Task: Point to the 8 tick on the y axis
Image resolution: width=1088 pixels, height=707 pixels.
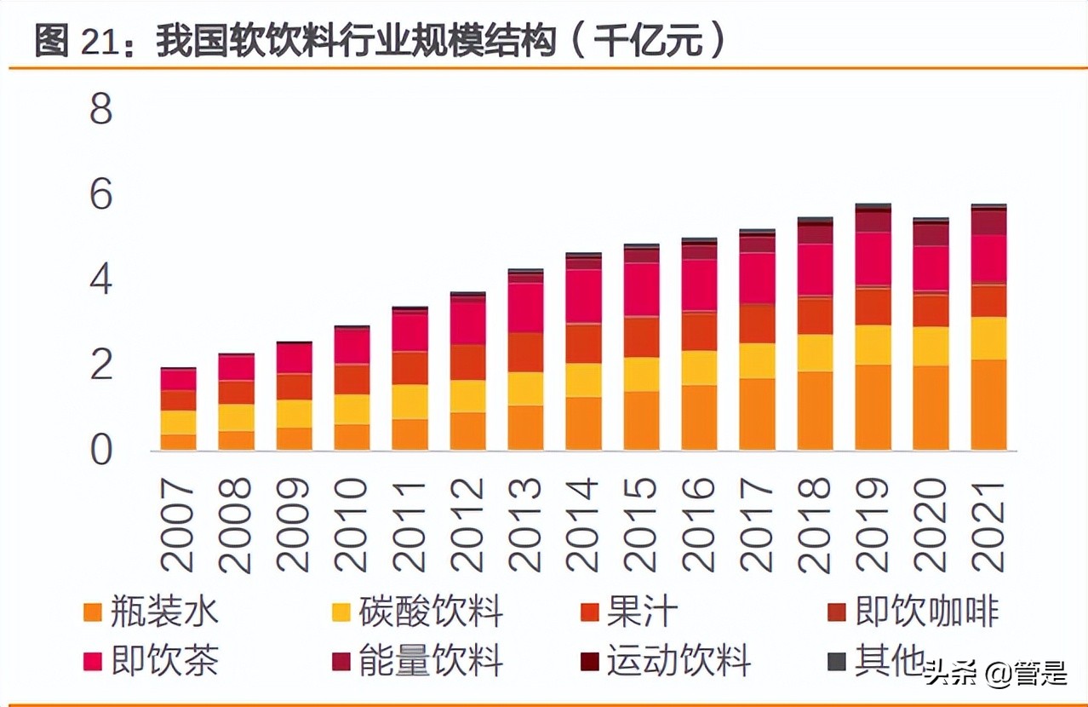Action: (100, 109)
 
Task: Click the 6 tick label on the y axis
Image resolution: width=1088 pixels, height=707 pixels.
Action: (100, 195)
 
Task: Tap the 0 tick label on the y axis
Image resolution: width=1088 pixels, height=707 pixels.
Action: (100, 450)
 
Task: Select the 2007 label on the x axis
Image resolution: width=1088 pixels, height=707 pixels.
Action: (179, 523)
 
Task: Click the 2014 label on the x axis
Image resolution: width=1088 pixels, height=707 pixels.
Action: (584, 523)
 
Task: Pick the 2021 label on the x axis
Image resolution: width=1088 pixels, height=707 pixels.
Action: (988, 523)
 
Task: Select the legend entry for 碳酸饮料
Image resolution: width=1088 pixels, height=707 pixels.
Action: (417, 612)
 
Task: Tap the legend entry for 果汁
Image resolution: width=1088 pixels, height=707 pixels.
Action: (630, 612)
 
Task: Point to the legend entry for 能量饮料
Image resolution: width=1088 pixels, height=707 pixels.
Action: (417, 661)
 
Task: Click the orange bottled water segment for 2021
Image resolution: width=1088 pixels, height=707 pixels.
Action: (988, 405)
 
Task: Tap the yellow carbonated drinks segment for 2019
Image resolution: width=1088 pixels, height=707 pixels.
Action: (873, 345)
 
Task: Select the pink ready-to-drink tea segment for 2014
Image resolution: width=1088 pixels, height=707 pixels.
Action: (584, 296)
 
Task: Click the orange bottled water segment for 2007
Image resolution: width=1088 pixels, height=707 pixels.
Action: (179, 442)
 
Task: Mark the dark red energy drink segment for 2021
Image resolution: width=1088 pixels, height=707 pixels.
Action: (988, 222)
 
